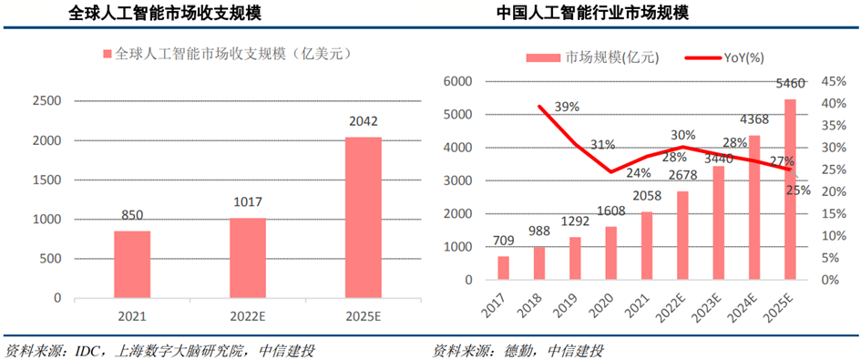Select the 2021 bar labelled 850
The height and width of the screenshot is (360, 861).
[x=132, y=264]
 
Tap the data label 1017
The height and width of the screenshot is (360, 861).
[x=247, y=205]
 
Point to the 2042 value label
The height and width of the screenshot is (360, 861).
[x=363, y=121]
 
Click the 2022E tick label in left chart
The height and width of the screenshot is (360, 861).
[x=247, y=317]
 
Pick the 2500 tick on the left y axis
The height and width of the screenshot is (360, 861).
[x=48, y=100]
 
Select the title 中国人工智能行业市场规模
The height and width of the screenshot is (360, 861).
[x=604, y=14]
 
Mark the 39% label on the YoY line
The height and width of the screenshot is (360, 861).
[x=567, y=107]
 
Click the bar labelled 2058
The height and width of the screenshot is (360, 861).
[x=647, y=245]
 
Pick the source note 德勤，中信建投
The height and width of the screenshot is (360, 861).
[x=518, y=350]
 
